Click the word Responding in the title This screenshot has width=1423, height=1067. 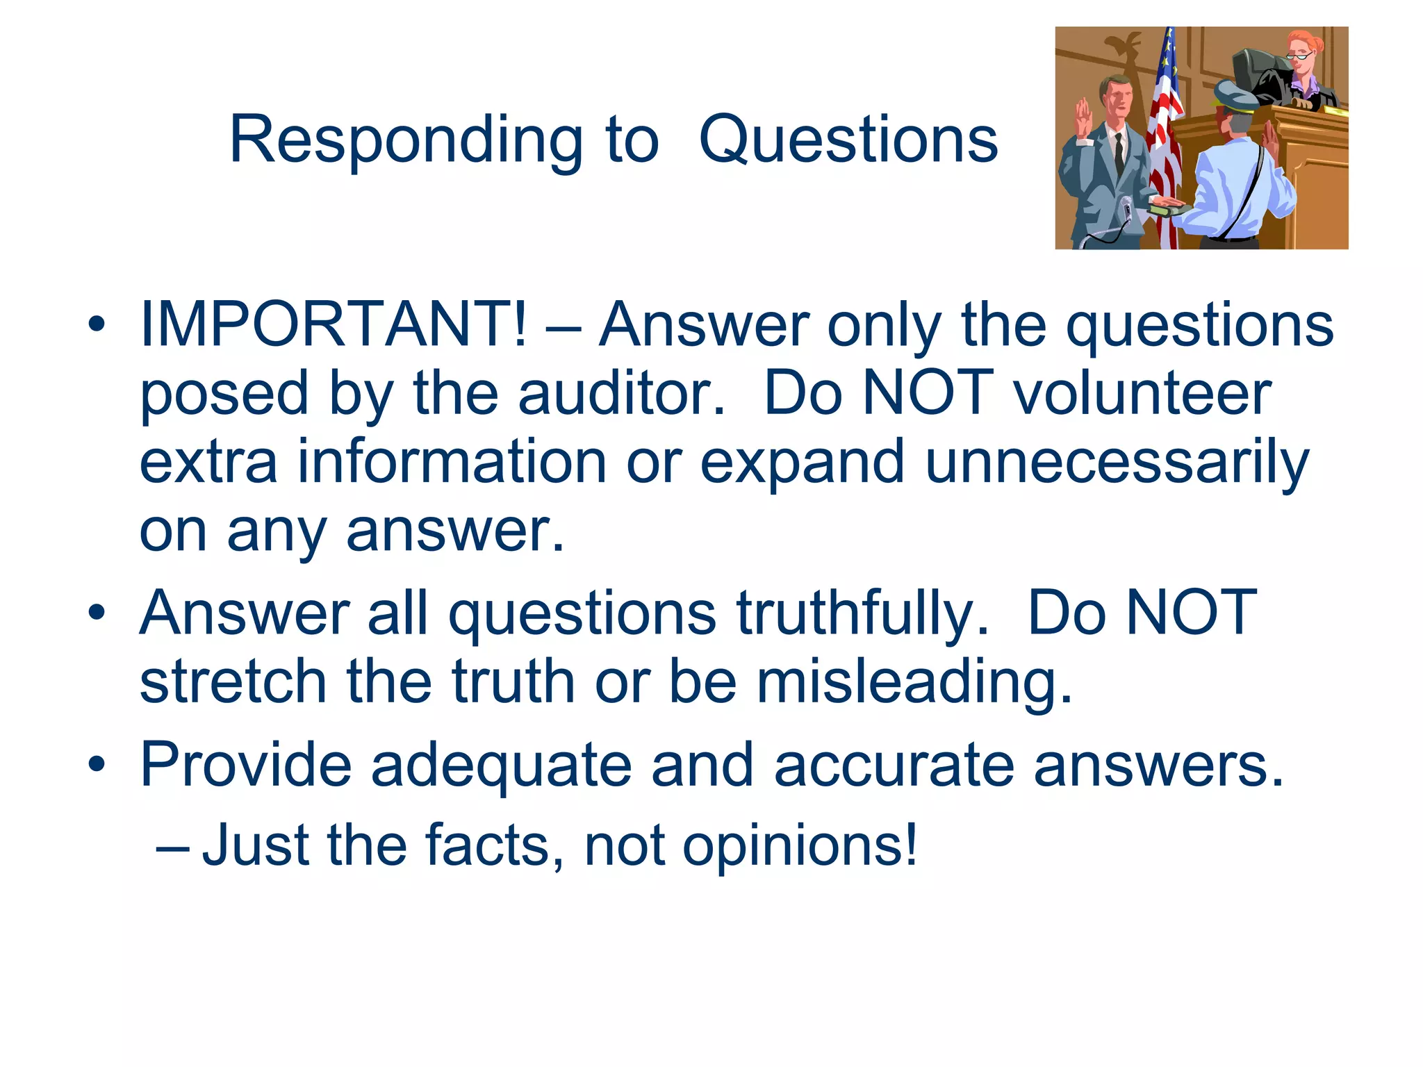(406, 141)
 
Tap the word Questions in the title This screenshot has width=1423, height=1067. (848, 141)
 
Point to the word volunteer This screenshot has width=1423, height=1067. (1142, 393)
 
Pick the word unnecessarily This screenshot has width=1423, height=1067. (1117, 463)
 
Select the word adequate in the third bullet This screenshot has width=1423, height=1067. (501, 765)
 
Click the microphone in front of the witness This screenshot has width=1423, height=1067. (1126, 208)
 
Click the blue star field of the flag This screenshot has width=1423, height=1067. (1169, 63)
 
